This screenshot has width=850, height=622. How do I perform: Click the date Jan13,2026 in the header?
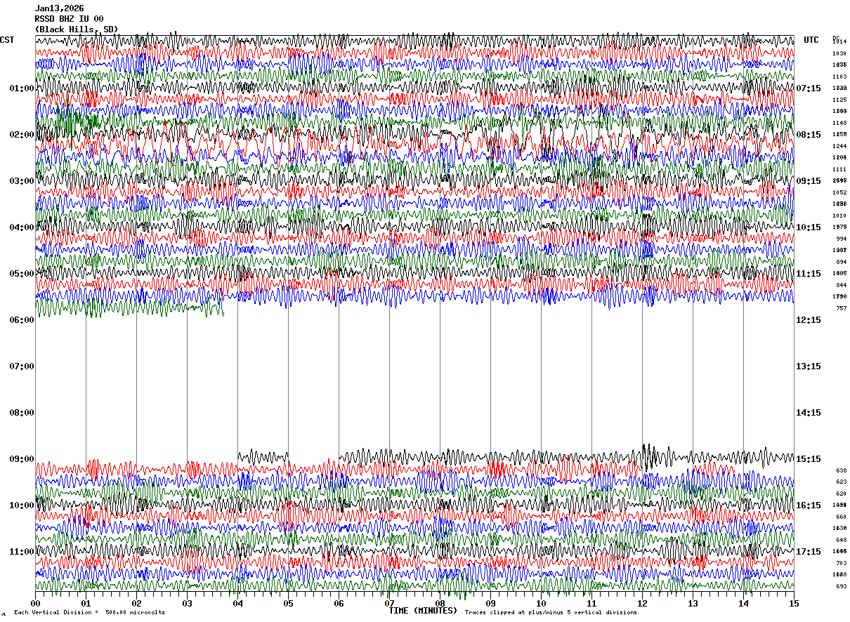(60, 8)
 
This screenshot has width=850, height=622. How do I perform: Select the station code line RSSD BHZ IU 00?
(70, 19)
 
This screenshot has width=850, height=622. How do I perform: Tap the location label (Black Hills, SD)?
(77, 29)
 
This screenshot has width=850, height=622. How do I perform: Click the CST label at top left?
(7, 40)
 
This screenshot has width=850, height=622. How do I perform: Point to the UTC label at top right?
(811, 40)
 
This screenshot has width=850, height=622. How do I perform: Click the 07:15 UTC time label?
(809, 88)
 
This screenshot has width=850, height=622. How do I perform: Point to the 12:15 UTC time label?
(809, 320)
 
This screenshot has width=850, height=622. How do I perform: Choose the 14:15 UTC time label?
(809, 413)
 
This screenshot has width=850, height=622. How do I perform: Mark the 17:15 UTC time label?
(809, 552)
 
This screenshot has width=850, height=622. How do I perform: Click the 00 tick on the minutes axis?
(36, 603)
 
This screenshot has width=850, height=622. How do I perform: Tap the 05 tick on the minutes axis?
(288, 603)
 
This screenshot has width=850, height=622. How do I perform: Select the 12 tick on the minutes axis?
(642, 603)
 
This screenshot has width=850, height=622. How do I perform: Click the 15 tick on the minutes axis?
(794, 603)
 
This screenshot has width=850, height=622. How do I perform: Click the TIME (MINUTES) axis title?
(423, 611)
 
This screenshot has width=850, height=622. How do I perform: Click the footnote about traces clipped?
(551, 613)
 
